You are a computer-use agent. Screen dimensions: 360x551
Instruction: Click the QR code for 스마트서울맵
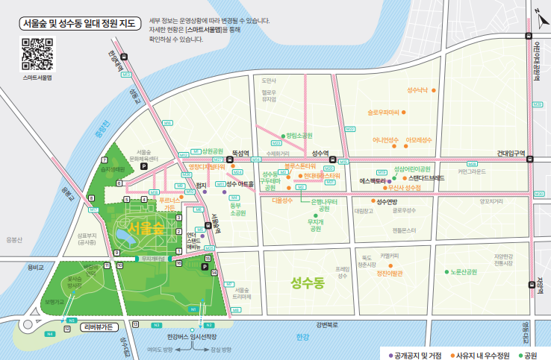point(37,54)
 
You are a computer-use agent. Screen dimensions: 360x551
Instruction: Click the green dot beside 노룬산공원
point(446,272)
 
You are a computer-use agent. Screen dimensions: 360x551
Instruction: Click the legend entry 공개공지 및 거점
point(418,353)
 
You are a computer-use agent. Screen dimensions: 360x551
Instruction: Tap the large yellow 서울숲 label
point(146,227)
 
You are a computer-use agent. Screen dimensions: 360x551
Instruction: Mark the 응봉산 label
point(14,239)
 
